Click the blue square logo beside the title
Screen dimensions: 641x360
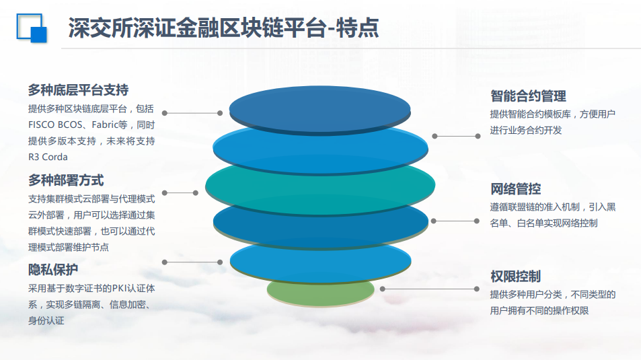coord(32,28)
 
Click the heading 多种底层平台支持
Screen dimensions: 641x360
coord(78,90)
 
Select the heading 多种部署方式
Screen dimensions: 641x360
coord(66,180)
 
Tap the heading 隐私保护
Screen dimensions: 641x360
coord(53,270)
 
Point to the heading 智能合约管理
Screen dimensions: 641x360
coord(528,96)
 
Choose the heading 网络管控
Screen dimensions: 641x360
coord(515,189)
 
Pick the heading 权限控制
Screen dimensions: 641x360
coord(515,277)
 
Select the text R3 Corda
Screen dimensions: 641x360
coord(48,157)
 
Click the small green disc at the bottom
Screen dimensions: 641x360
coord(320,291)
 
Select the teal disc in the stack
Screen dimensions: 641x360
coord(320,185)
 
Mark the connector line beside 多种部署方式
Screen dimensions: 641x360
coord(180,192)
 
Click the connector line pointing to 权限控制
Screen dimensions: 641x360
coord(430,289)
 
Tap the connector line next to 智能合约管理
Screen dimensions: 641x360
coord(456,136)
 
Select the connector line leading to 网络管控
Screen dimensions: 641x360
coord(455,221)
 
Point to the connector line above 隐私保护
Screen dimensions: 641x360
coord(192,262)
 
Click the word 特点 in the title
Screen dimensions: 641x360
coord(358,28)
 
